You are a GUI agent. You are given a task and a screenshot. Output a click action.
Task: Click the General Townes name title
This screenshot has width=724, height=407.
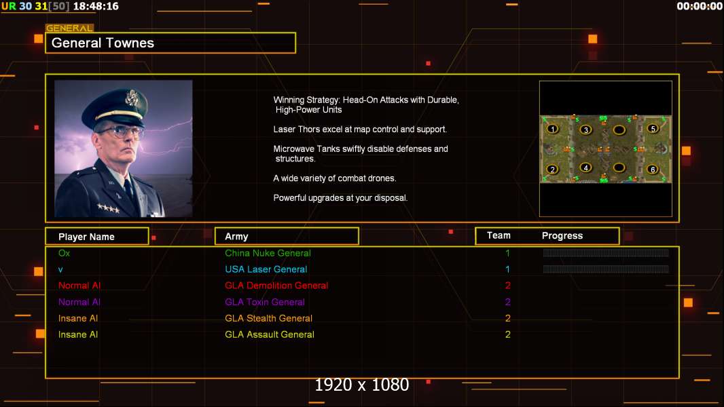[103, 43]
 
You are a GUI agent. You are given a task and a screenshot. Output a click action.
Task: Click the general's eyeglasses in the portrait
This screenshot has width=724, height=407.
[120, 132]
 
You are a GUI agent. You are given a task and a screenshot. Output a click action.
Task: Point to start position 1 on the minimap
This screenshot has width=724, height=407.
[553, 129]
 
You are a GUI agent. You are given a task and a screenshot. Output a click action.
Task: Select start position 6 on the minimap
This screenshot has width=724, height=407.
[653, 170]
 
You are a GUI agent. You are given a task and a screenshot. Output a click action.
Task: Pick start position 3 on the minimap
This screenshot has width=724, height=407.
[585, 130]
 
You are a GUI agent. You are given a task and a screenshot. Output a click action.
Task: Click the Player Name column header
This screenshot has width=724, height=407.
[86, 237]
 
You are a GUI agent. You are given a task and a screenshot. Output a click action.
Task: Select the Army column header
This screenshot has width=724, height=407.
[236, 237]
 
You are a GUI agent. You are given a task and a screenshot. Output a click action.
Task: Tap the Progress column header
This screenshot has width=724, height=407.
[562, 236]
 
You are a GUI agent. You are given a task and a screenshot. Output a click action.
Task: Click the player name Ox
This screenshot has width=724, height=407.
[64, 253]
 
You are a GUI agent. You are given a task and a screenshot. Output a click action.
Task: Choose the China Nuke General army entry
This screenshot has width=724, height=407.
[268, 253]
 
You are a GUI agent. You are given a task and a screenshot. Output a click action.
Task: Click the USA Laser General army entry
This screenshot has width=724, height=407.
[266, 269]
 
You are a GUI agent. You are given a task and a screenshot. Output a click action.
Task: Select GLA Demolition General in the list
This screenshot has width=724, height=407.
[276, 286]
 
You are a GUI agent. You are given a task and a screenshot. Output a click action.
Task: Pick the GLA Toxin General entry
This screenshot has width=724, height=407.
[265, 302]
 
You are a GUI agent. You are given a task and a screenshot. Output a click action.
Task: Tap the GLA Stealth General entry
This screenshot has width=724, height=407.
[268, 318]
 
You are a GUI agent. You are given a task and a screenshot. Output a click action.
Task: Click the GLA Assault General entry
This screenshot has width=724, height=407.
[270, 334]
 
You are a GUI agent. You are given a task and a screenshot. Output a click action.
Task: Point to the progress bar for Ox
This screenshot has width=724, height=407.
[606, 253]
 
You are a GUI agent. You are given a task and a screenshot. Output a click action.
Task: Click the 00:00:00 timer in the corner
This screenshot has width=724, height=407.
[699, 6]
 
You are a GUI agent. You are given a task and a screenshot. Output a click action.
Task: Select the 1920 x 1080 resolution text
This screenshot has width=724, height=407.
[361, 385]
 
